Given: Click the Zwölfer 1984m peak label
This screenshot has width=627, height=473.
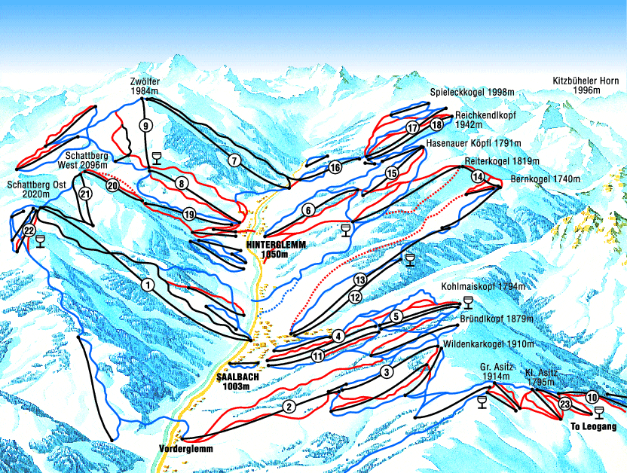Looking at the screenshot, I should click(x=144, y=87).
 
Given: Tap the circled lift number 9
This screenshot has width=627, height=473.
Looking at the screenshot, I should click(x=145, y=126).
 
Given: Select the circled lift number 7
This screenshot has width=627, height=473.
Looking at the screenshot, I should click(x=234, y=160).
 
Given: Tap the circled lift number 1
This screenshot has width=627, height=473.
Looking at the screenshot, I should click(x=147, y=285).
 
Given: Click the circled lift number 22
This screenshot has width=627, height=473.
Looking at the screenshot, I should click(x=29, y=230).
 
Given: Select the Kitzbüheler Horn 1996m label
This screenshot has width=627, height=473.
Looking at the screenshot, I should click(x=586, y=85).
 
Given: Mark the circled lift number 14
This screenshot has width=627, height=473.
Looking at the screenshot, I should click(x=478, y=176).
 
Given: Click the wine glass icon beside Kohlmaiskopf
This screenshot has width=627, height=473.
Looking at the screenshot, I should click(x=468, y=302).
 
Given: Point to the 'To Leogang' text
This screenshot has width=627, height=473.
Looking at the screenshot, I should click(x=589, y=426).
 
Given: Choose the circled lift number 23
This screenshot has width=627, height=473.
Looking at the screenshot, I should click(x=565, y=405).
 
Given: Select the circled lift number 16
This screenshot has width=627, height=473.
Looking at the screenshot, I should click(x=335, y=167).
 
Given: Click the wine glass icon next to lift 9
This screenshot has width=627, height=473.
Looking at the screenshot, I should click(x=157, y=157).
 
